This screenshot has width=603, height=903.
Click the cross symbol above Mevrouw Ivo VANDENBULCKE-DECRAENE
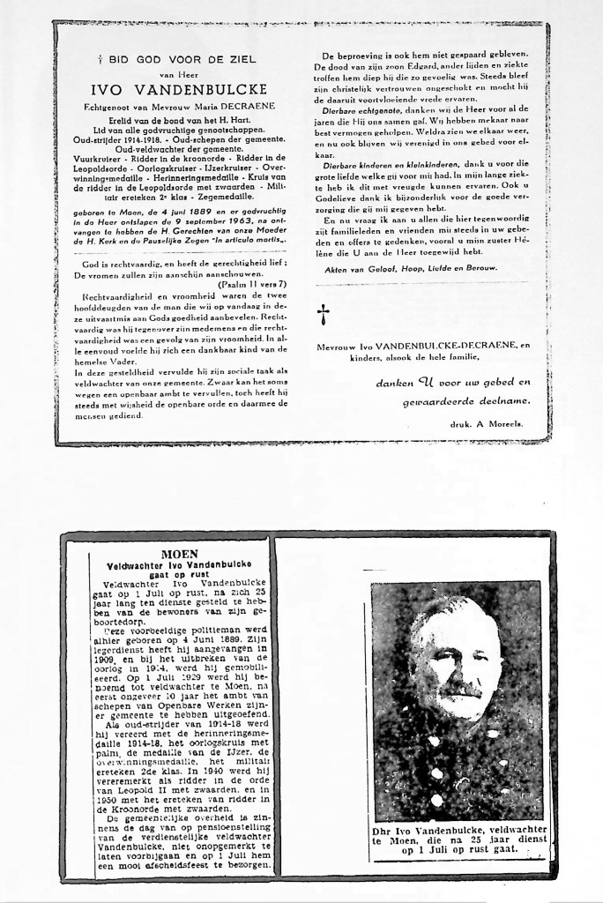pos(323,312)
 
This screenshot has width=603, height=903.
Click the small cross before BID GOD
pos(101,59)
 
